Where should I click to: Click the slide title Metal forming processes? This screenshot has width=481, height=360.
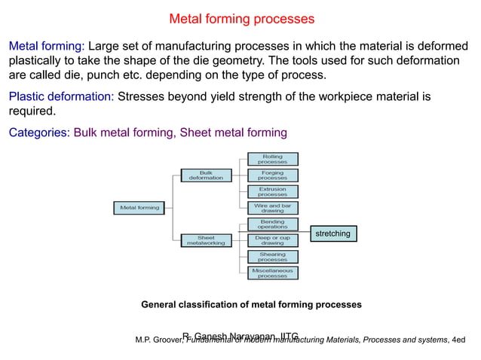tap(241, 19)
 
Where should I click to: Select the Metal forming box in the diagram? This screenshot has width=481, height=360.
tap(139, 208)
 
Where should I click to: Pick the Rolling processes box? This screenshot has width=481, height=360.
tap(272, 159)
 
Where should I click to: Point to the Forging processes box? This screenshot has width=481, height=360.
tap(272, 175)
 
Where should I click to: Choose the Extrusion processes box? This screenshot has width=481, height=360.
tap(272, 191)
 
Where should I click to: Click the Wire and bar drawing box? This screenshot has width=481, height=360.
tap(272, 208)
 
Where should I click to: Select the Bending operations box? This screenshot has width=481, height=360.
tap(272, 224)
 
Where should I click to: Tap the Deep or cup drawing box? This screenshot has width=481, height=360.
tap(272, 240)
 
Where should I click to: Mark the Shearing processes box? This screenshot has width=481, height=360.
tap(272, 257)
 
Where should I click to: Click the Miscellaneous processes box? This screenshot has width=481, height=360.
tap(272, 273)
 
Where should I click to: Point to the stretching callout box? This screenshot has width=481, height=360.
tap(332, 233)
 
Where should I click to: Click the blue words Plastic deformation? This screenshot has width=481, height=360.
tap(61, 96)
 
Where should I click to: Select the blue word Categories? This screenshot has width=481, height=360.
tap(39, 133)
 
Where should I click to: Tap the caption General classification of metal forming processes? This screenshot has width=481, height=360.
tap(251, 305)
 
